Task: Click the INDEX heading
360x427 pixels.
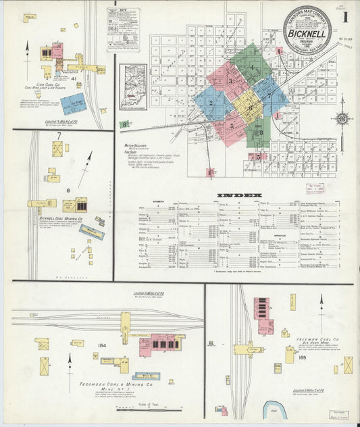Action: [239, 196]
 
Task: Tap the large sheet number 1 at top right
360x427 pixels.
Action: [344, 16]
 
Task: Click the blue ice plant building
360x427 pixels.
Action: [74, 103]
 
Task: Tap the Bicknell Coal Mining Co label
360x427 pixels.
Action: [61, 219]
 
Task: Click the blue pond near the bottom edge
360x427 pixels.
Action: [276, 409]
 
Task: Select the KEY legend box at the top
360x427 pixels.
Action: [123, 29]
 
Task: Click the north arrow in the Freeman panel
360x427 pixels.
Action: [322, 301]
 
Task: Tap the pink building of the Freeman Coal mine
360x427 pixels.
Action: [262, 315]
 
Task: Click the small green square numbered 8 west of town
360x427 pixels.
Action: [125, 124]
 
